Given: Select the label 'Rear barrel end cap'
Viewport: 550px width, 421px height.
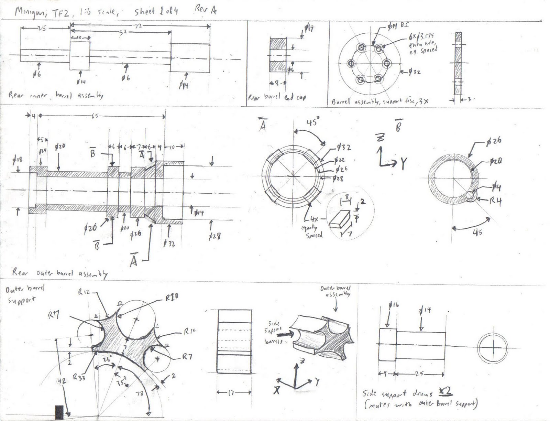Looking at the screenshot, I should pos(277,97).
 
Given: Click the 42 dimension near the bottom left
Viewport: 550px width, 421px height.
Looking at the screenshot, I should pos(62,380).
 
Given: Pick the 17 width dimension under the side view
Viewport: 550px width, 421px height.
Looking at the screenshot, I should pos(231,392).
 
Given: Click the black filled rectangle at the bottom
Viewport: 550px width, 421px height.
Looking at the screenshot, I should pos(59,412).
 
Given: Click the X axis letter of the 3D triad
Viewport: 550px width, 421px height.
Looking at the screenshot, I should pos(276,390).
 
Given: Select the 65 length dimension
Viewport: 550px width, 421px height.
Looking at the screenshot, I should pos(95,116).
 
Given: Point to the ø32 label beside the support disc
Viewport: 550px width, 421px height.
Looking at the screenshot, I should pos(416,72).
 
